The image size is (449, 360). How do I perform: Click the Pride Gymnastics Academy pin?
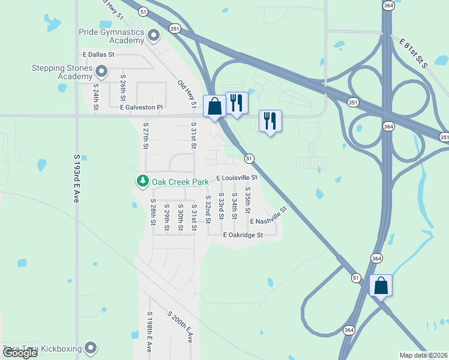(x=154, y=35)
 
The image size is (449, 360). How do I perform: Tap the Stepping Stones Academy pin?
(x=101, y=73)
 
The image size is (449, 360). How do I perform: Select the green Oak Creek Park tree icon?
(x=142, y=181)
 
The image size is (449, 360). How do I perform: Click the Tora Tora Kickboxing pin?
(x=91, y=347)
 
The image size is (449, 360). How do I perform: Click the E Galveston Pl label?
(x=141, y=107)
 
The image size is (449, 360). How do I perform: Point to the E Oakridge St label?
(x=243, y=235)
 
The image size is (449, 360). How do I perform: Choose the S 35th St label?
(x=247, y=201)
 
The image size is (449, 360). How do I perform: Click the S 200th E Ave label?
(x=179, y=326)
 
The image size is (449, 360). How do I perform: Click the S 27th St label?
(x=145, y=137)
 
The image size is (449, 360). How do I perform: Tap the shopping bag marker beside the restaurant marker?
(x=214, y=107)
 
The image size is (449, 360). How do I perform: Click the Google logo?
(x=20, y=353)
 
